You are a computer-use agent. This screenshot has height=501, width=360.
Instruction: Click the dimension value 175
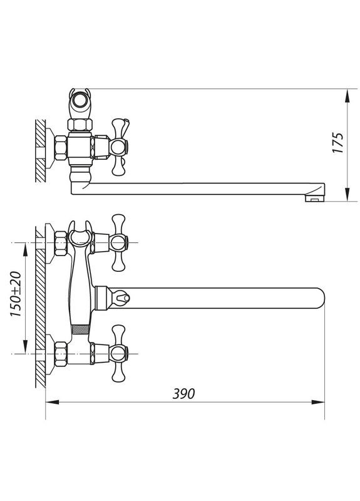click(339, 144)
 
